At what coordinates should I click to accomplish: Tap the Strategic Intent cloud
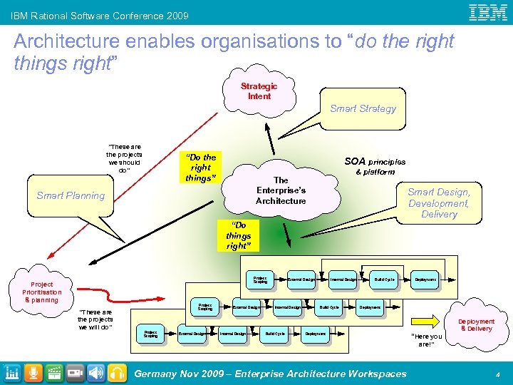point(259,91)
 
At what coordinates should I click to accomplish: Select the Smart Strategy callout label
point(363,108)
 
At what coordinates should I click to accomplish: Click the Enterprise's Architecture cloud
point(281,190)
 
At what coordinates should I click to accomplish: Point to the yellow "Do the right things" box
point(200,168)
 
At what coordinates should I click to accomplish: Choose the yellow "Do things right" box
point(238,235)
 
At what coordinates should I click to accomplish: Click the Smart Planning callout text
point(71,195)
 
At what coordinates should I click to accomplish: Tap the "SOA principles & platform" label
point(375,166)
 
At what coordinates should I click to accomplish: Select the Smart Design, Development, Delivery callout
point(439,202)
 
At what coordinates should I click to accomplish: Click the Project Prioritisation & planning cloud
point(41,292)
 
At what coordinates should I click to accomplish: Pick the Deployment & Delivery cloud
point(476,325)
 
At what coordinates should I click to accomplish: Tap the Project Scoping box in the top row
point(260,279)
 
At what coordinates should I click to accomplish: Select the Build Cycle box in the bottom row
point(275,333)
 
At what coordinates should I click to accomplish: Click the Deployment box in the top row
point(425,279)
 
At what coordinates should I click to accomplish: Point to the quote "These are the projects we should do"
point(124,159)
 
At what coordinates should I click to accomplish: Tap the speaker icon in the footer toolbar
point(96,373)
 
